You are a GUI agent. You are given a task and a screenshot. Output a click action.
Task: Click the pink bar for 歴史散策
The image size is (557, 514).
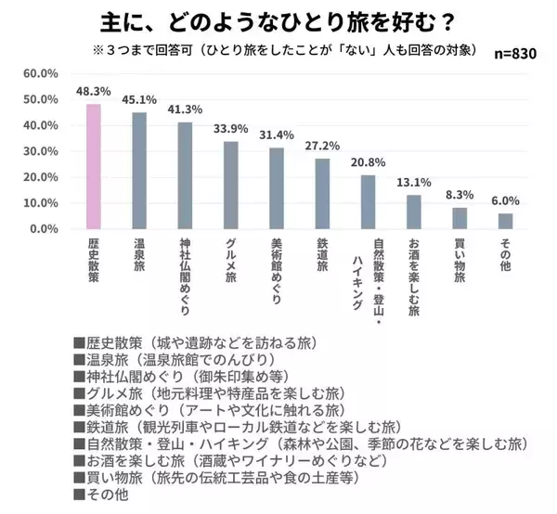94,166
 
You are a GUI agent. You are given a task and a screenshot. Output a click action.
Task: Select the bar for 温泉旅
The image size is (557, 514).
139,171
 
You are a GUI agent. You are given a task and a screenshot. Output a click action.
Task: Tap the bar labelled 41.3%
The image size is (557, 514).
185,175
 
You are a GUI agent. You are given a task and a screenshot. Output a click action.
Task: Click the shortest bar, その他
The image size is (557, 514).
504,221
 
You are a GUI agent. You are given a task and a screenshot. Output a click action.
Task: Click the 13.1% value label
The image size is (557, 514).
413,184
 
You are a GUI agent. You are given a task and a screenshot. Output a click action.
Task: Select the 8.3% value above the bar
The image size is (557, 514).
459,197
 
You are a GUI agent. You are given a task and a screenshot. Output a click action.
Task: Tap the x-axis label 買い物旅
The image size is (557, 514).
459,263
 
